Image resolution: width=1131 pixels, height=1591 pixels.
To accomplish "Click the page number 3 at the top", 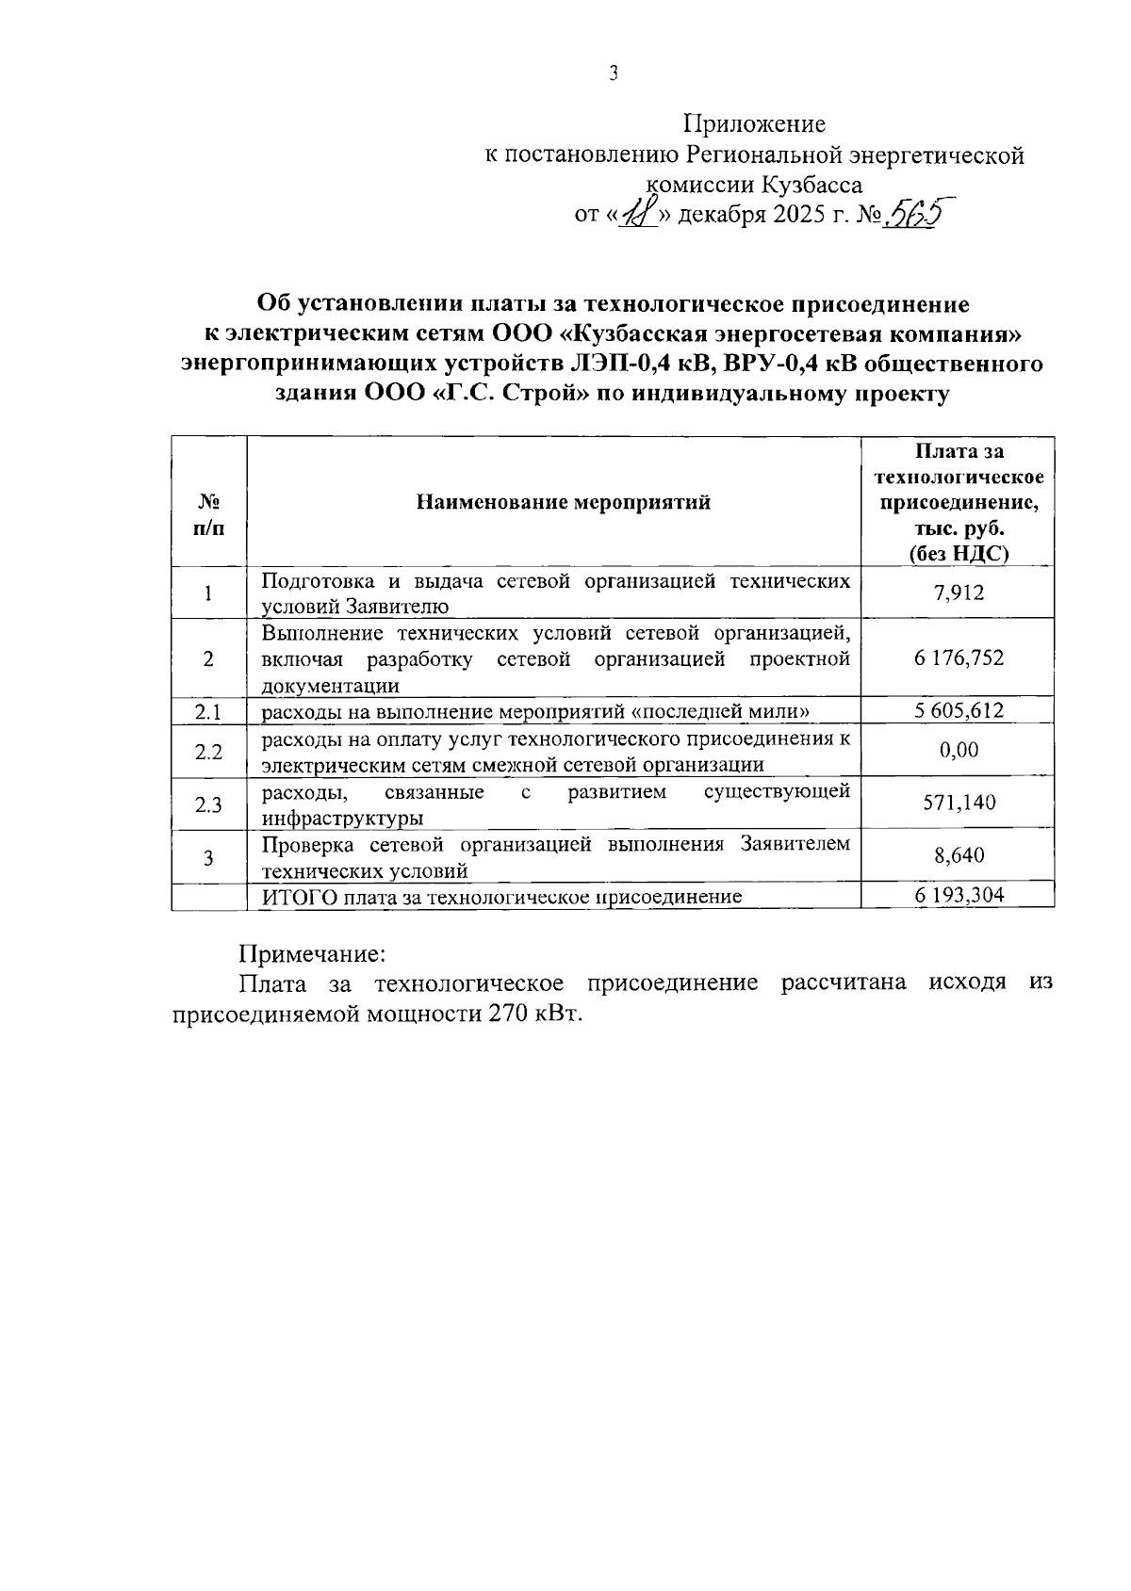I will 614,74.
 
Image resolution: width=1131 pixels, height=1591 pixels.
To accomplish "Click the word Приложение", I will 754,124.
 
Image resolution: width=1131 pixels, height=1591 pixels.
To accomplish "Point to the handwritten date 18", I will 637,216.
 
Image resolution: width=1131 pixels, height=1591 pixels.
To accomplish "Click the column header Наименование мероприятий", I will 564,502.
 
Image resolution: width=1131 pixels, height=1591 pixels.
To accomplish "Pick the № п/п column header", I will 208,515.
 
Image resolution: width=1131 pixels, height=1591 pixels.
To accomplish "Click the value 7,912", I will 959,593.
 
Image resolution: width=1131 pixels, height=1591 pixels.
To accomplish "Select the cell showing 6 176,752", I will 959,658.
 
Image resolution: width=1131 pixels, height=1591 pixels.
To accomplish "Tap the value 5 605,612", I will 959,711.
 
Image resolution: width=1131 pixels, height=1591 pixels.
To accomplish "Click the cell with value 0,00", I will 959,751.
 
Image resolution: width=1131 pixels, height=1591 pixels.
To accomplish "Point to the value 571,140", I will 959,804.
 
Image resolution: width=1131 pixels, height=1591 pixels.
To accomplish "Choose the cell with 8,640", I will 959,856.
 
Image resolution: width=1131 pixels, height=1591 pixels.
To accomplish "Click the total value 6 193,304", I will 959,896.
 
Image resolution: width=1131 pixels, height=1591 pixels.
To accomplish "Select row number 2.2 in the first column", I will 208,752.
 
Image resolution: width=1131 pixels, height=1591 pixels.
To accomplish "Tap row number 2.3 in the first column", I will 208,804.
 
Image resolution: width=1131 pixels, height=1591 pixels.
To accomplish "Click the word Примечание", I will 311,953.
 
